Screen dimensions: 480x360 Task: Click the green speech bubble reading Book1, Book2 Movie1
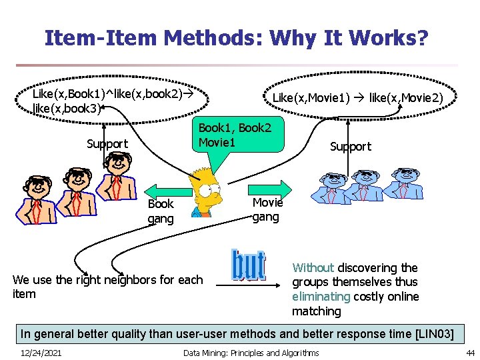coord(235,135)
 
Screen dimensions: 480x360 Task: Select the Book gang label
coord(161,211)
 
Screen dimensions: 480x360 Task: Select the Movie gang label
coord(267,209)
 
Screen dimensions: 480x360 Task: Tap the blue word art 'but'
coord(247,265)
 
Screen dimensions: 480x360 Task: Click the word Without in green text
coord(313,267)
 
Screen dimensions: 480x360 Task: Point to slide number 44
coord(469,353)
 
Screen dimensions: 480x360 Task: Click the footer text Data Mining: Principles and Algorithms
coord(251,353)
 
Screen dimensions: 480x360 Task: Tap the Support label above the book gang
coord(107,144)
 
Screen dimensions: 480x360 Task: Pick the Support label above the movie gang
coord(351,147)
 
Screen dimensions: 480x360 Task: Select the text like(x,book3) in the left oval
coord(66,108)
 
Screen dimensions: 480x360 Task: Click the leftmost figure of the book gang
coord(33,199)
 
